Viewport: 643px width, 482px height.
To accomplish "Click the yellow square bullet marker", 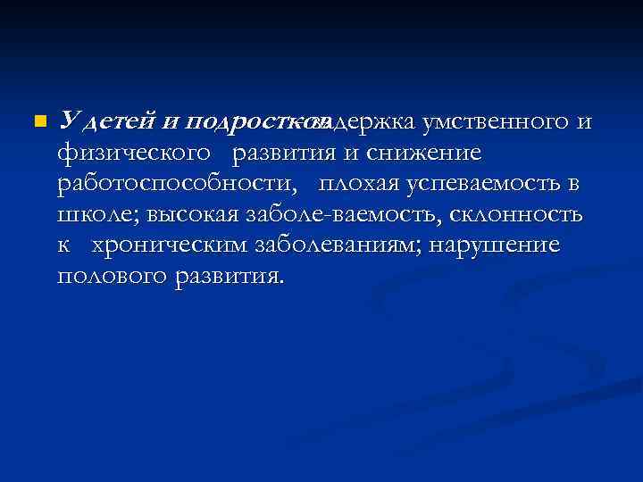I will pos(37,120).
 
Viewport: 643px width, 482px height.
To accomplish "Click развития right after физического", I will pos(286,153).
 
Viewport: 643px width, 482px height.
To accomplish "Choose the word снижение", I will pos(422,153).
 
